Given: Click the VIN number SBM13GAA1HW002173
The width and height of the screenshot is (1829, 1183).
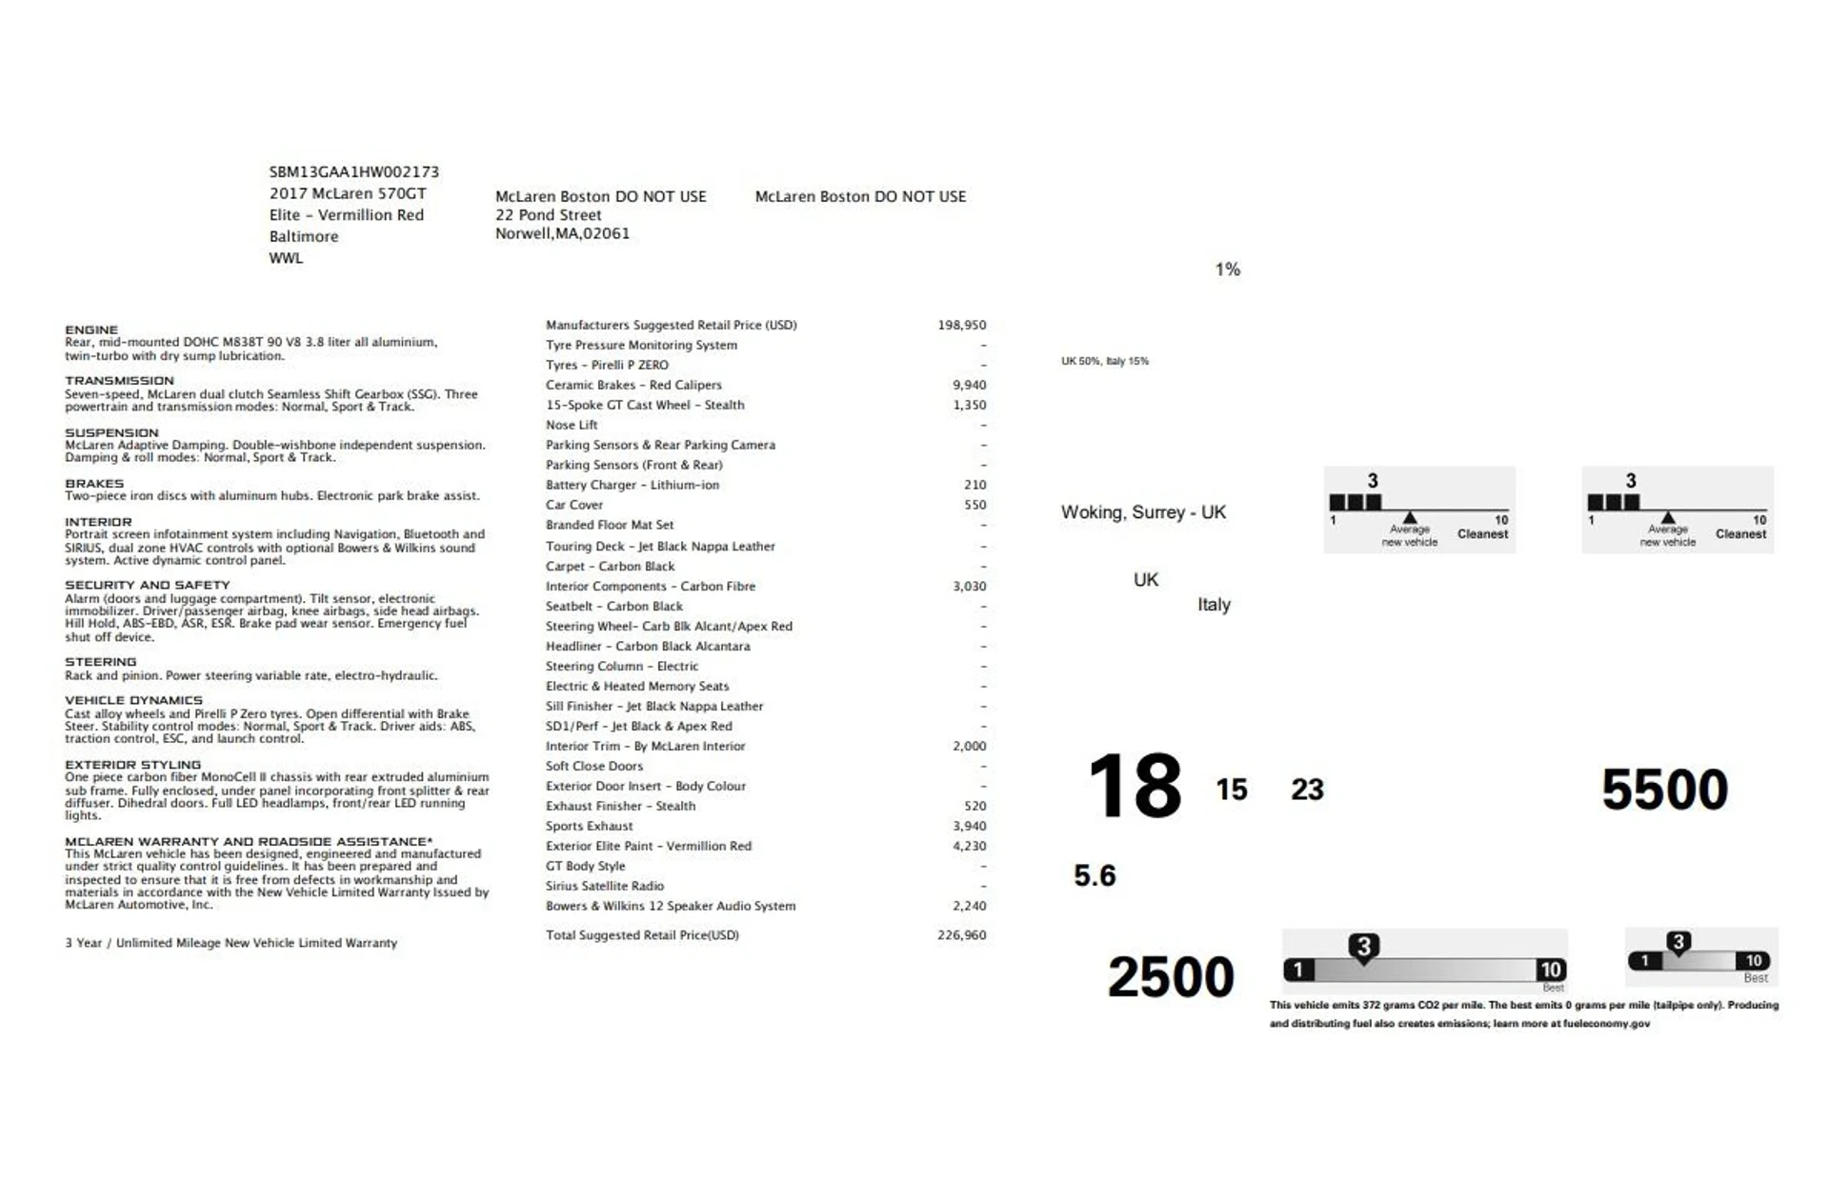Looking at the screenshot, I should pos(353,172).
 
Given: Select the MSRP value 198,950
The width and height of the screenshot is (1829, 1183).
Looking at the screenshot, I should pos(961,325).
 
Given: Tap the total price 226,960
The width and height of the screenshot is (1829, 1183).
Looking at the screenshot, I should pos(961,935).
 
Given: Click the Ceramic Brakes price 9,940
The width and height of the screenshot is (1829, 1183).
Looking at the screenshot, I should pos(969,385).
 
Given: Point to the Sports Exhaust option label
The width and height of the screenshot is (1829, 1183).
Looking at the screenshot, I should pos(589,826).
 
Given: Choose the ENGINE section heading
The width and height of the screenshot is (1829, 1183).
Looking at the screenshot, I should pos(91,330).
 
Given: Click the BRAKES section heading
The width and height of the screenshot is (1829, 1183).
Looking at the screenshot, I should pos(94,483).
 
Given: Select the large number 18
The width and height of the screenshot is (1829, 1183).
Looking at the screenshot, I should pos(1135,787).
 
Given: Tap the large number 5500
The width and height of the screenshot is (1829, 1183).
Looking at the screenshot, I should pos(1664,790).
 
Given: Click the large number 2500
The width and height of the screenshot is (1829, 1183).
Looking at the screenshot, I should pos(1170,977).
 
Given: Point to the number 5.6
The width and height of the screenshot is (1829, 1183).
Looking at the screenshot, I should pos(1095,875).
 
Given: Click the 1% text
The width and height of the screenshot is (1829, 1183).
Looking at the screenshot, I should pos(1227,270).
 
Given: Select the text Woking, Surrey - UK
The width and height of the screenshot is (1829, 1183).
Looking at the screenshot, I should pos(1143,512).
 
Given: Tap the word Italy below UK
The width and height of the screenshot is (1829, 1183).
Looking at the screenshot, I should pos(1214,605).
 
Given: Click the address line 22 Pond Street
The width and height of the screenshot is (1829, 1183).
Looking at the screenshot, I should pos(548,215).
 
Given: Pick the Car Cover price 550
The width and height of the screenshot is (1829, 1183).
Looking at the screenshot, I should pos(975,505).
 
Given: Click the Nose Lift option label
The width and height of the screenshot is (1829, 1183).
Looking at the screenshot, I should pos(572,425).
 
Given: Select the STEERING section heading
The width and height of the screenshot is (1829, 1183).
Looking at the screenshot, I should pos(100,662).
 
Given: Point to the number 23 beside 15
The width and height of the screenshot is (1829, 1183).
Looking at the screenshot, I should pos(1307,790).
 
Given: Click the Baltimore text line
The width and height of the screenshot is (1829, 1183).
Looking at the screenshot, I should pos(303,236).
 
